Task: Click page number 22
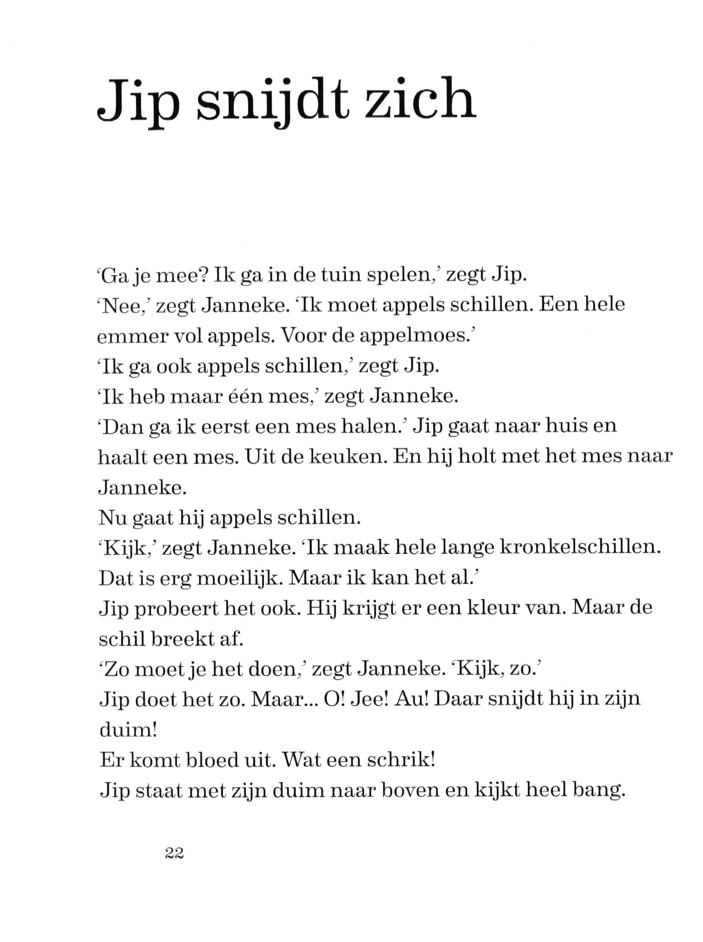(x=174, y=853)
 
